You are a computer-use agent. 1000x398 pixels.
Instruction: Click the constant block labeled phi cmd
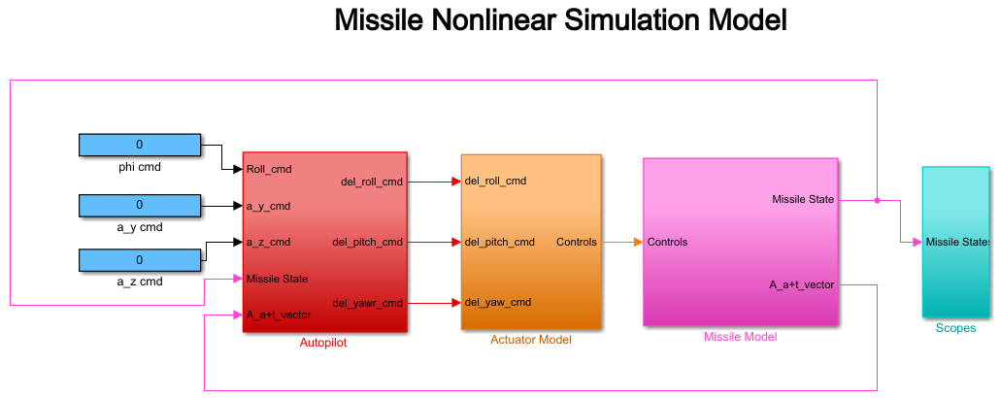(139, 145)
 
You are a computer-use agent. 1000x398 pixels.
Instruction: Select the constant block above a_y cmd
(139, 206)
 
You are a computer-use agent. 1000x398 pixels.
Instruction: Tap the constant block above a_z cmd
(139, 260)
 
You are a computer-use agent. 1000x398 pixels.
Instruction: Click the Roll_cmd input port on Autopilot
(269, 170)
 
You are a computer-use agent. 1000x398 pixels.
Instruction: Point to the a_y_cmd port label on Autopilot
(269, 206)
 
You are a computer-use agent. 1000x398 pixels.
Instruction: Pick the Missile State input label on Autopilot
(278, 279)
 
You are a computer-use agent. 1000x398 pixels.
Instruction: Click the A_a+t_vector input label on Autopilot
(279, 315)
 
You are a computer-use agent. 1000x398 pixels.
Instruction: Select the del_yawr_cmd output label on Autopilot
(367, 303)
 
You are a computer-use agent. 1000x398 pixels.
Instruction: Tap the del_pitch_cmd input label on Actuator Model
(500, 243)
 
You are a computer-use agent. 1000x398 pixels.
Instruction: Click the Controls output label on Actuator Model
(577, 243)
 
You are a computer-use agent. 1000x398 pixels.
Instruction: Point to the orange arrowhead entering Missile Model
(639, 243)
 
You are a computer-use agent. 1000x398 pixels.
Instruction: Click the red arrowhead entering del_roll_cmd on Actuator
(456, 182)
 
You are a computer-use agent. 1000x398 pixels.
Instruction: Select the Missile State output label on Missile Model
(803, 200)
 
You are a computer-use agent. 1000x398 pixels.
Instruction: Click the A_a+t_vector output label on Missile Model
(802, 285)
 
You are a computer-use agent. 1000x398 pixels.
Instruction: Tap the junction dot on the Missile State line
(877, 200)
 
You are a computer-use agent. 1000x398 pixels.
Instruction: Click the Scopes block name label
(955, 328)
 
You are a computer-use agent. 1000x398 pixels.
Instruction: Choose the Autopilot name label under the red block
(323, 343)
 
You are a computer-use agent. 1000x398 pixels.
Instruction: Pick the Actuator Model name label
(531, 340)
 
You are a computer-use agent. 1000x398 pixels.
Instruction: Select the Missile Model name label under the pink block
(741, 337)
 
